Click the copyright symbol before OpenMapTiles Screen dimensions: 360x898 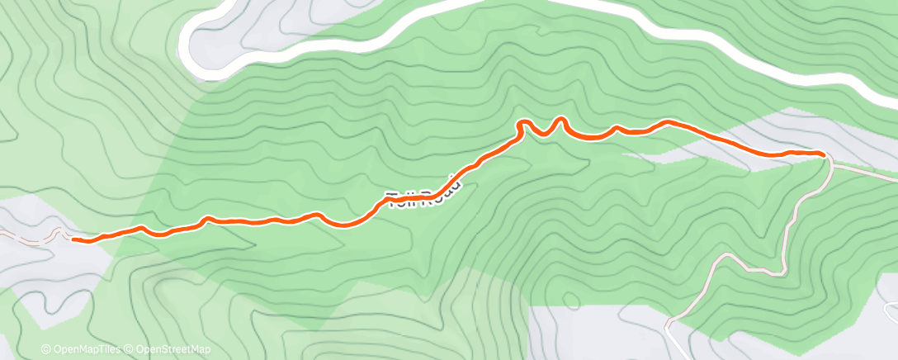(45, 350)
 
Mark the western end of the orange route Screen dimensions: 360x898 (74, 239)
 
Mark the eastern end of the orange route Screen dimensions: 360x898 (822, 154)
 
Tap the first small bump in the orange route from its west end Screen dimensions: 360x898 (143, 227)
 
